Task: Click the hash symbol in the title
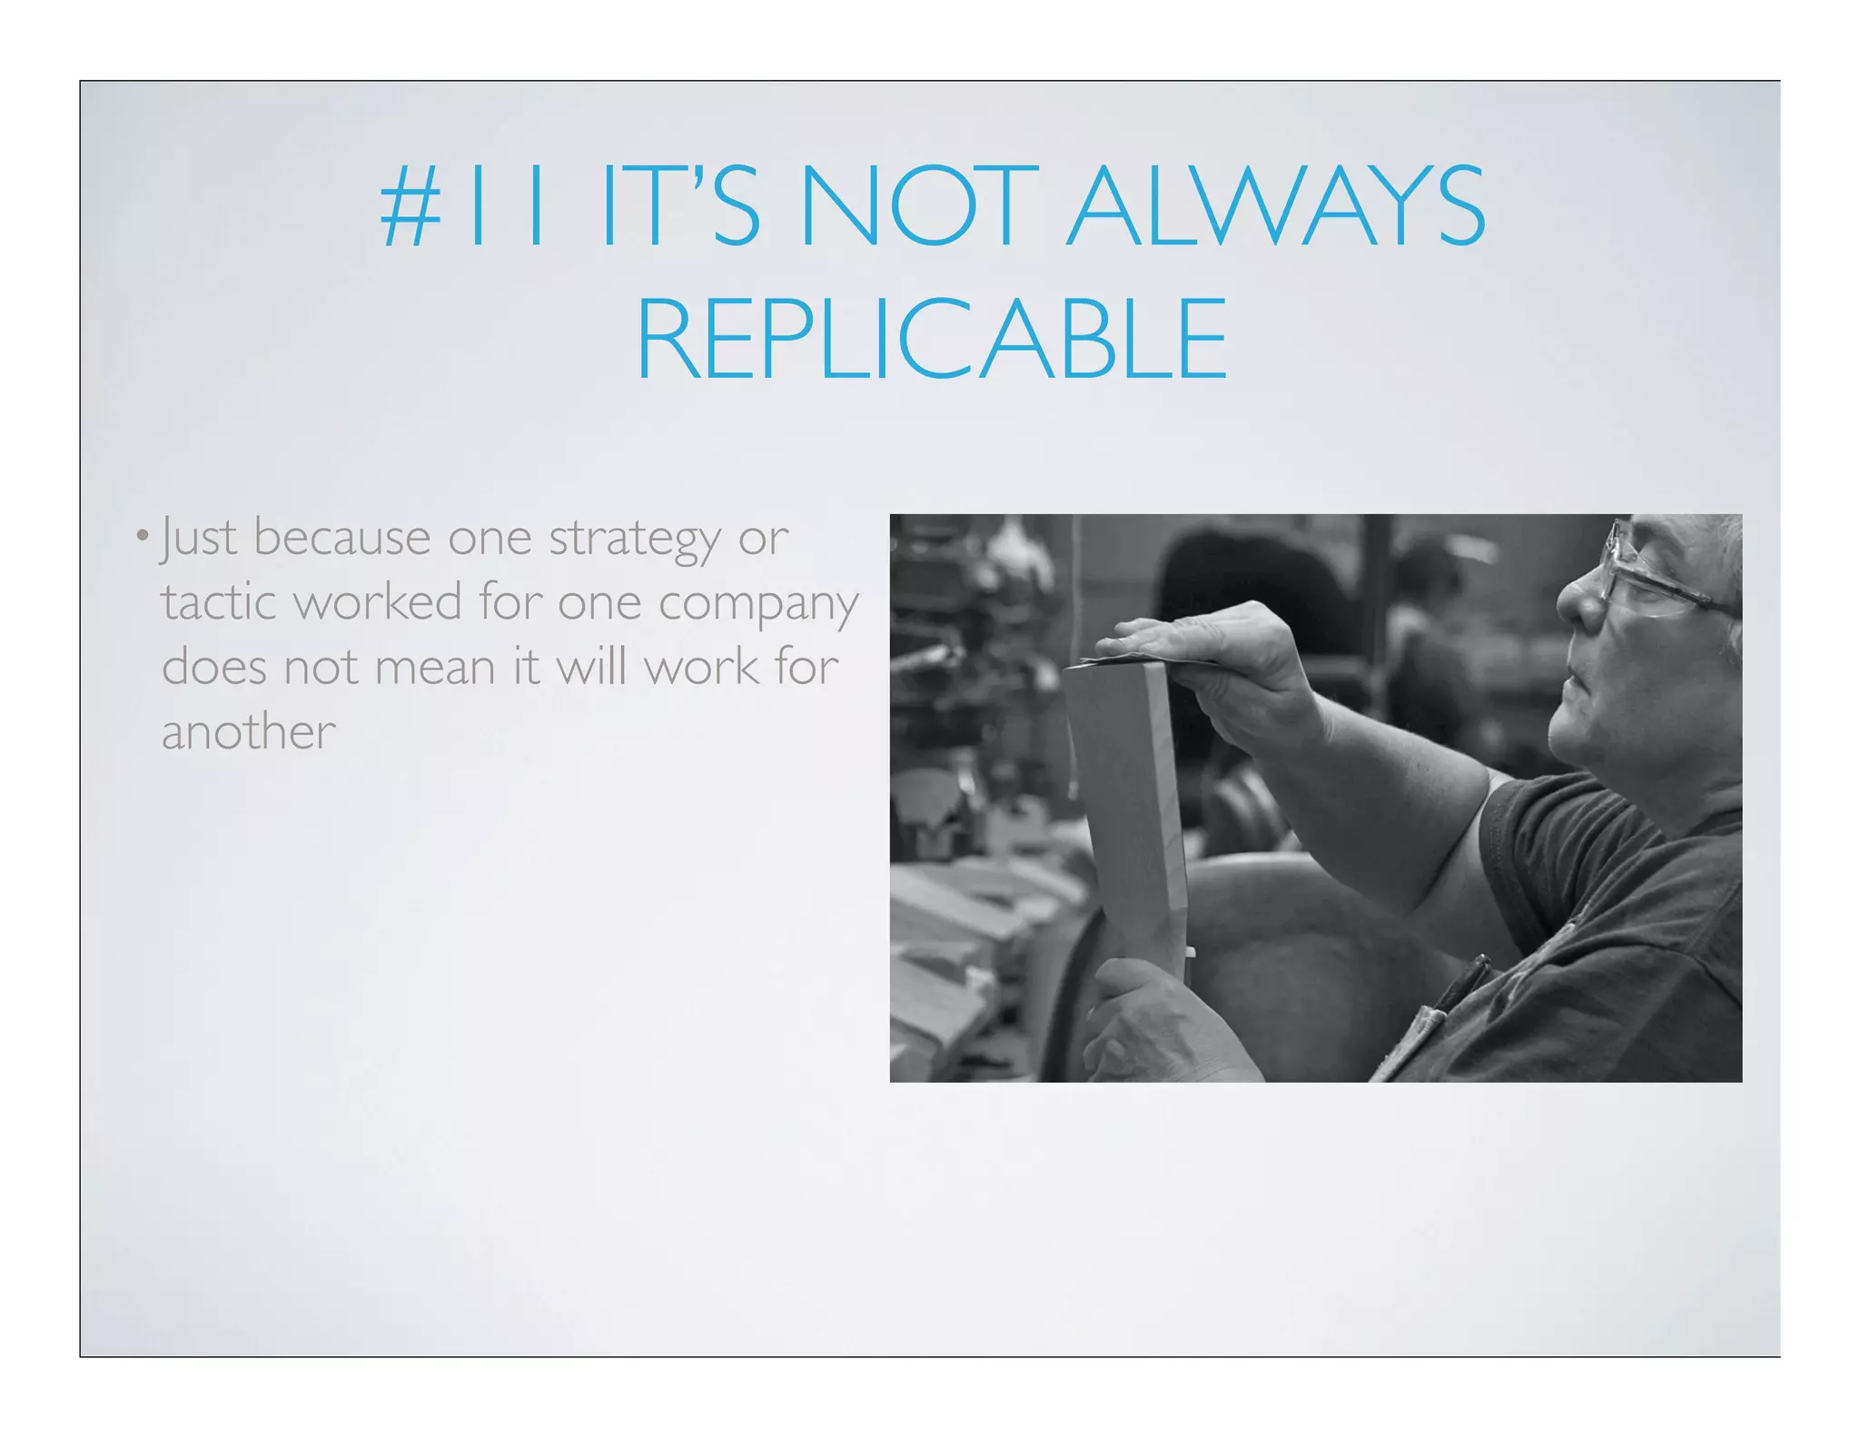[x=411, y=208]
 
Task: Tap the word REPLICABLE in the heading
[x=931, y=339]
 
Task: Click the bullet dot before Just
[x=142, y=534]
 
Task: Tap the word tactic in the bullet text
[x=218, y=602]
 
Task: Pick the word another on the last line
[x=248, y=732]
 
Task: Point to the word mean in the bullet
[x=434, y=668]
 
